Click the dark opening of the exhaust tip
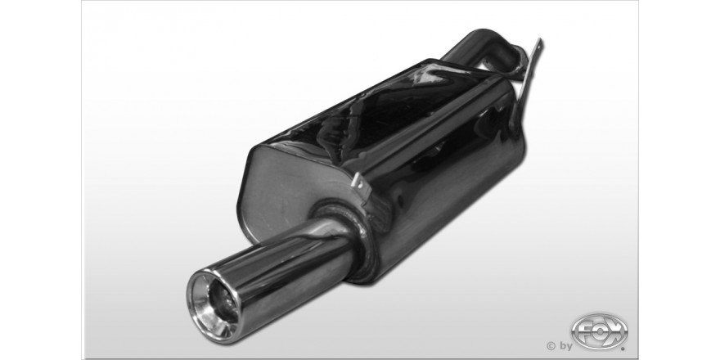click(222, 301)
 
